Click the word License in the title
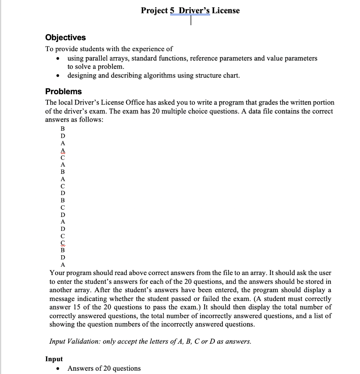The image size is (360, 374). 226,11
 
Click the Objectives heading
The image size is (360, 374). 65,38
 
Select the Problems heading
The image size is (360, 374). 63,91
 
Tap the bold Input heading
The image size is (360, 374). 54,359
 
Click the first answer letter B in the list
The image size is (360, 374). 62,129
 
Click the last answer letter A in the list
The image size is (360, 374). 62,264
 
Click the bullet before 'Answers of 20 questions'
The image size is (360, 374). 57,369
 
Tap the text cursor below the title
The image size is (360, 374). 191,21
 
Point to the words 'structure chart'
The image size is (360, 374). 217,76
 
